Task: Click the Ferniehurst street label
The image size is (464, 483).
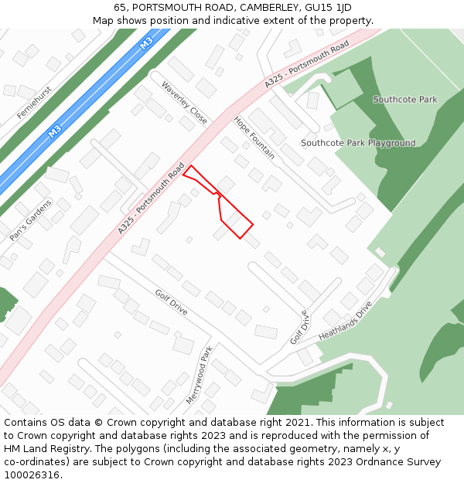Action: (35, 103)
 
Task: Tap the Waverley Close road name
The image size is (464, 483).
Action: (184, 103)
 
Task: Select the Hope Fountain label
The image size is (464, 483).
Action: (254, 138)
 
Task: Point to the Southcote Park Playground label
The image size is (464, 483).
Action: (358, 143)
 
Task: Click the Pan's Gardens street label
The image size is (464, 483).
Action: (31, 220)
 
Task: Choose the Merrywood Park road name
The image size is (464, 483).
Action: (199, 375)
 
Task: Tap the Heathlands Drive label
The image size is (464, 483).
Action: (345, 321)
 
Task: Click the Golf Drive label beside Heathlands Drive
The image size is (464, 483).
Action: (299, 328)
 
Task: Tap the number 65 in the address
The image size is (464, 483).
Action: (120, 8)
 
